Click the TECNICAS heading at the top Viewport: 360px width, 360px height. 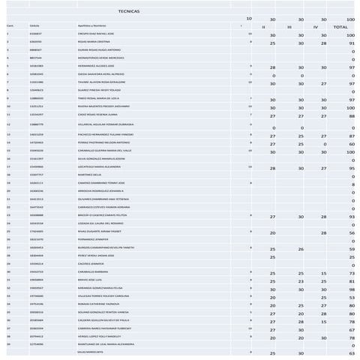point(129,11)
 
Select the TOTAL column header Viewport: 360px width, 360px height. point(341,26)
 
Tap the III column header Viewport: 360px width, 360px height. point(289,26)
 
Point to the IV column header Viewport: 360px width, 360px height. point(316,26)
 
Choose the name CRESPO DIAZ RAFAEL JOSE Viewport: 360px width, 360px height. point(96,34)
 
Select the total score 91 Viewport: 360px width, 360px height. point(351,43)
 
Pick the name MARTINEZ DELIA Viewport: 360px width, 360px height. point(88,174)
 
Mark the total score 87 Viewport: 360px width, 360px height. point(351,136)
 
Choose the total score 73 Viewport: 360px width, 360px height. point(351,274)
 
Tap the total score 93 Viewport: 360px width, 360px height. point(351,217)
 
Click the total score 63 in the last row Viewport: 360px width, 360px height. point(351,353)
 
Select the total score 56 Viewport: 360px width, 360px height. point(351,232)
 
